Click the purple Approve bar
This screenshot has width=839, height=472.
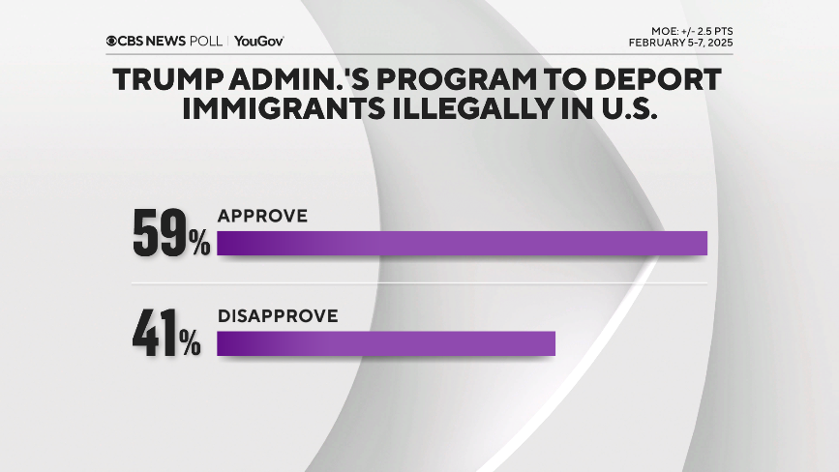point(462,243)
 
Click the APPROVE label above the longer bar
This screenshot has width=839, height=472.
point(262,216)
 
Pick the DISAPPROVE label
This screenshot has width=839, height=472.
point(277,316)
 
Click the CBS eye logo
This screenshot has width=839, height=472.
point(112,41)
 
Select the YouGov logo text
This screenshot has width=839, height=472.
point(258,41)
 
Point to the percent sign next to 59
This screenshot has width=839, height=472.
point(199,245)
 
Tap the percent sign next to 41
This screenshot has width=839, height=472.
point(191,345)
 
